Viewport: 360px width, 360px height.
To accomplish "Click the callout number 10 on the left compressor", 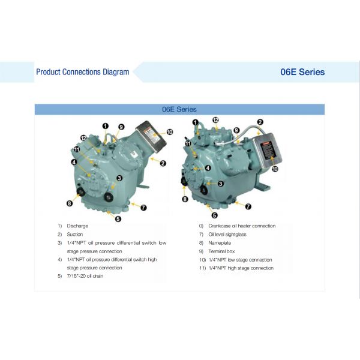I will point(169,132).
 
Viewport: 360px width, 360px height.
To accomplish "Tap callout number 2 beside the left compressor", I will point(163,163).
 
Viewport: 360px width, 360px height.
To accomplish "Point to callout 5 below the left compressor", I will point(118,219).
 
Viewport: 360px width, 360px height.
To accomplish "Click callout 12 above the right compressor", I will point(215,120).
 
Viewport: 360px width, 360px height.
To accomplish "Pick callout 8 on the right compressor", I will point(185,199).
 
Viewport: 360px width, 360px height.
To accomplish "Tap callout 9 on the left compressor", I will point(121,127).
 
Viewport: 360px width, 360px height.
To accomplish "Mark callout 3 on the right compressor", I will point(221,184).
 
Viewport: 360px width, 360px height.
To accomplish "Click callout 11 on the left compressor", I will point(76,149).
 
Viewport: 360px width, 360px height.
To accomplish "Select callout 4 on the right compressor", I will point(208,168).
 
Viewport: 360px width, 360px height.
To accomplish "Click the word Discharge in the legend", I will point(77,226).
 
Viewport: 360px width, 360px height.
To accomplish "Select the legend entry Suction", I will point(75,234).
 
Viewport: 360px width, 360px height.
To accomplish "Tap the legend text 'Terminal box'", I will point(221,251).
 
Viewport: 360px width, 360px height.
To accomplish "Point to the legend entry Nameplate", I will point(220,242).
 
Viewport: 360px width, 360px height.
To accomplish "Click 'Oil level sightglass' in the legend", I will point(227,234).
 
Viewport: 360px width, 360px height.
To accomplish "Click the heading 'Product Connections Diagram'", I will point(82,72).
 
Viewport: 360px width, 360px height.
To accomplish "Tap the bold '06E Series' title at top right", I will point(302,72).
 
